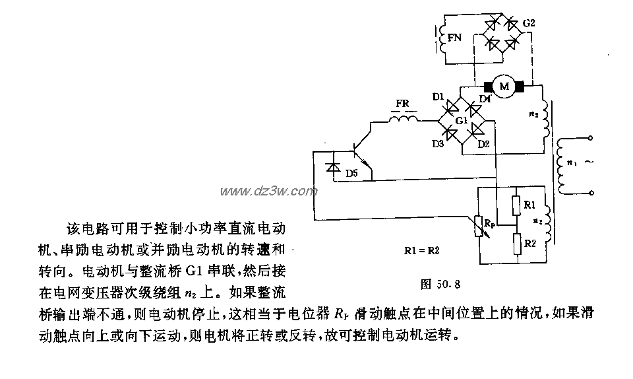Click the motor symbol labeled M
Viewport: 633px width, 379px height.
[504, 86]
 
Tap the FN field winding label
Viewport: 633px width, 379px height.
[454, 39]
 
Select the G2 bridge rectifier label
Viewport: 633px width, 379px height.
[529, 24]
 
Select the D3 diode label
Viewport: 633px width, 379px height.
[438, 144]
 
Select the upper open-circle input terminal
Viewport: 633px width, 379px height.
[589, 138]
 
